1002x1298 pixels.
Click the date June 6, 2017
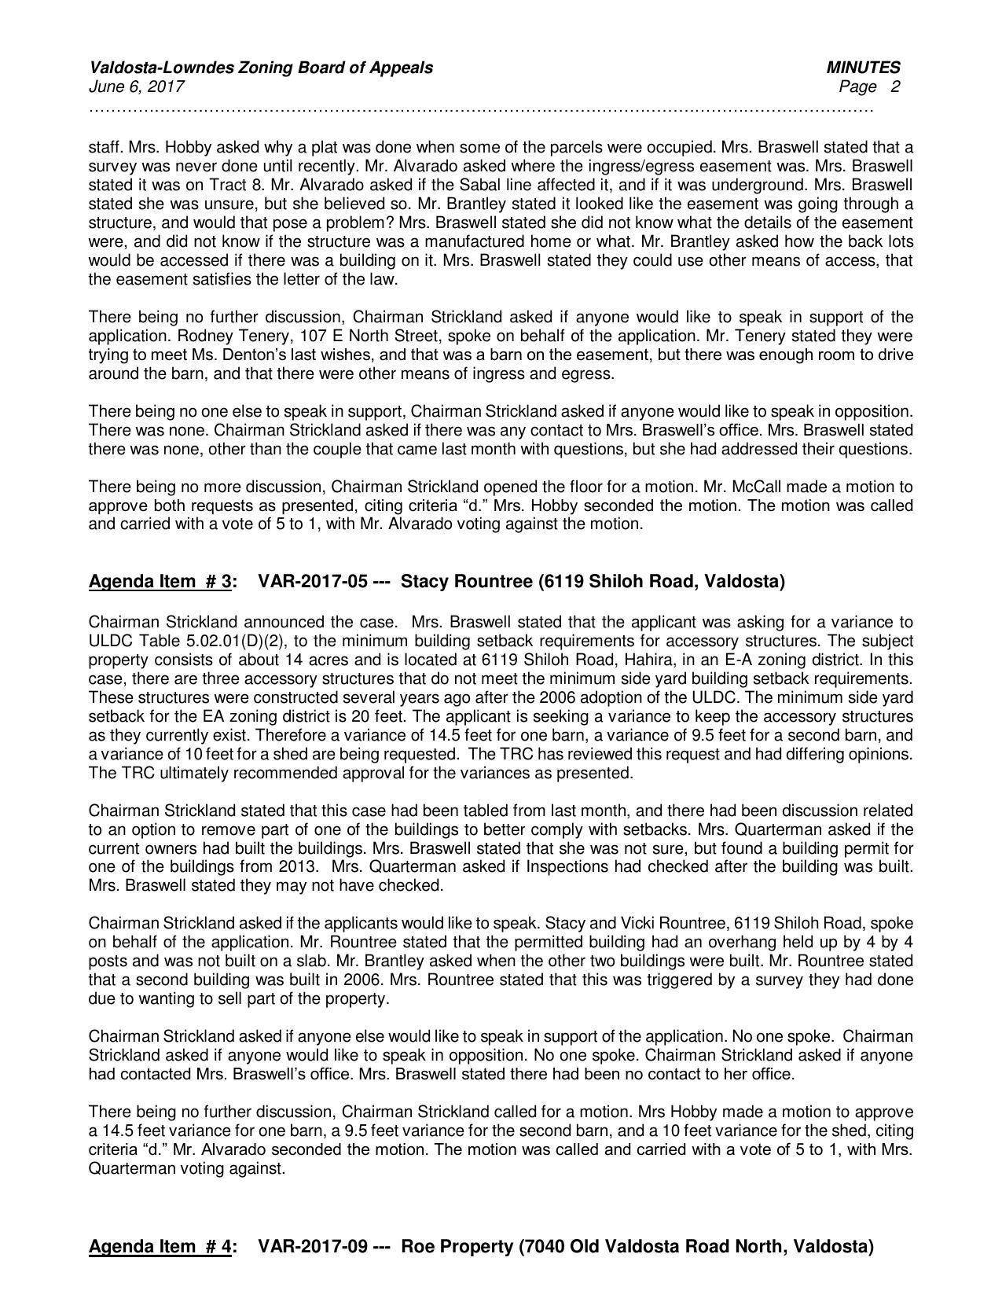(137, 86)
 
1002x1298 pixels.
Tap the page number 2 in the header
(894, 86)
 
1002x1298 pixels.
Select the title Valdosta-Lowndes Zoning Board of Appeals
(261, 68)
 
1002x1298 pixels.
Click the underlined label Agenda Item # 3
(160, 582)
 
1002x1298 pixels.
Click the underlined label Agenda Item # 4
(160, 1247)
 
